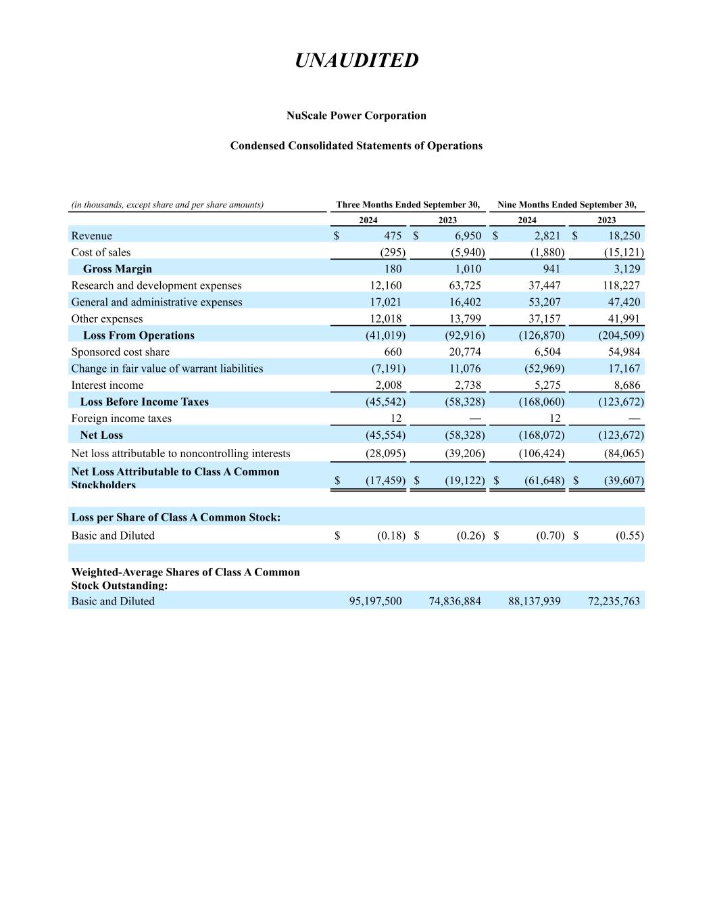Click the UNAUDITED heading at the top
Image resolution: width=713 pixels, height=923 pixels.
[356, 60]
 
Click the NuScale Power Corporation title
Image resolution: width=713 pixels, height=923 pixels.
[356, 116]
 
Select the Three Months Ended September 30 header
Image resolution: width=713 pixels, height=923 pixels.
[408, 204]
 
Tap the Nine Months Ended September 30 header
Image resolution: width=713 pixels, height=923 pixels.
[566, 204]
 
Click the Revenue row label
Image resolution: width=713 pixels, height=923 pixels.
[92, 235]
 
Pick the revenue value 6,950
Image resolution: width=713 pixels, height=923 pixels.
[465, 235]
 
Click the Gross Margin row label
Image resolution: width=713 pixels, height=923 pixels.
[118, 268]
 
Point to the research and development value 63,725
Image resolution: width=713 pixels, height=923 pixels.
[465, 285]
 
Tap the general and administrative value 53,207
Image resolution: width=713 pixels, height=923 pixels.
[544, 302]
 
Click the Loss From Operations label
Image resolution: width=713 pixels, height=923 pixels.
[139, 335]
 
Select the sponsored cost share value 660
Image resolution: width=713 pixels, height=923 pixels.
[392, 352]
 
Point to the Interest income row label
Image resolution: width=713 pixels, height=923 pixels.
[107, 385]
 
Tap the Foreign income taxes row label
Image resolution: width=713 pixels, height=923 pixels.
[122, 418]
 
